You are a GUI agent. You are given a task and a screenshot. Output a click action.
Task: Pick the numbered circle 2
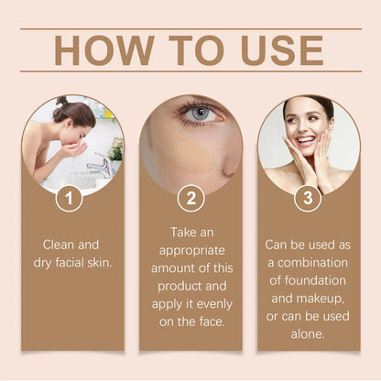[191, 197]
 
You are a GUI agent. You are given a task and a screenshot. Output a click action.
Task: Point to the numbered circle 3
[307, 197]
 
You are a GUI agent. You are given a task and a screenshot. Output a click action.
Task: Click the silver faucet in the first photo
[99, 162]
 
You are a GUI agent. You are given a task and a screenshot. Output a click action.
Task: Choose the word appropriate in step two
[190, 250]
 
